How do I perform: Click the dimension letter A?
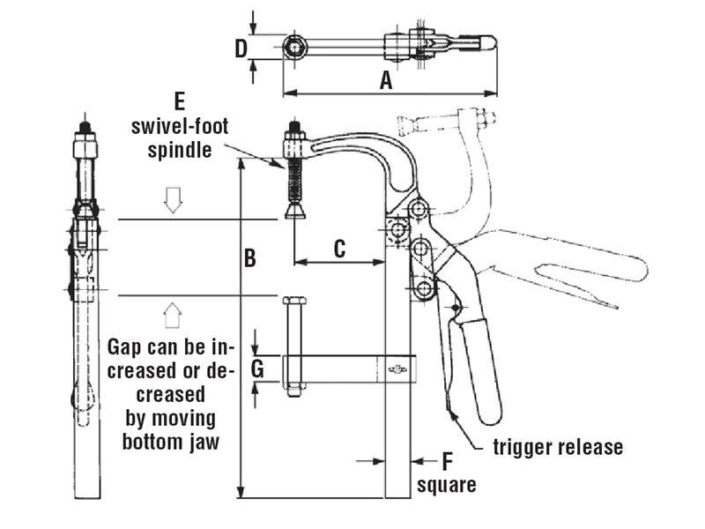pyautogui.click(x=385, y=80)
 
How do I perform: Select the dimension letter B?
pyautogui.click(x=250, y=258)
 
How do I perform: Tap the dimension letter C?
pyautogui.click(x=339, y=249)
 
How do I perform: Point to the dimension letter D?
pyautogui.click(x=241, y=48)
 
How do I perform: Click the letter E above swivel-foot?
pyautogui.click(x=180, y=100)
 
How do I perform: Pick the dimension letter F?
pyautogui.click(x=447, y=460)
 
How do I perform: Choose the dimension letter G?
pyautogui.click(x=257, y=369)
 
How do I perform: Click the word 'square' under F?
pyautogui.click(x=447, y=484)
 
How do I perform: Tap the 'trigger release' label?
pyautogui.click(x=558, y=447)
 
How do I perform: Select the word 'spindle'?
pyautogui.click(x=180, y=149)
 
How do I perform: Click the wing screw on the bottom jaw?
pyautogui.click(x=397, y=369)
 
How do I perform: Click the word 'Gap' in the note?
pyautogui.click(x=122, y=345)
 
